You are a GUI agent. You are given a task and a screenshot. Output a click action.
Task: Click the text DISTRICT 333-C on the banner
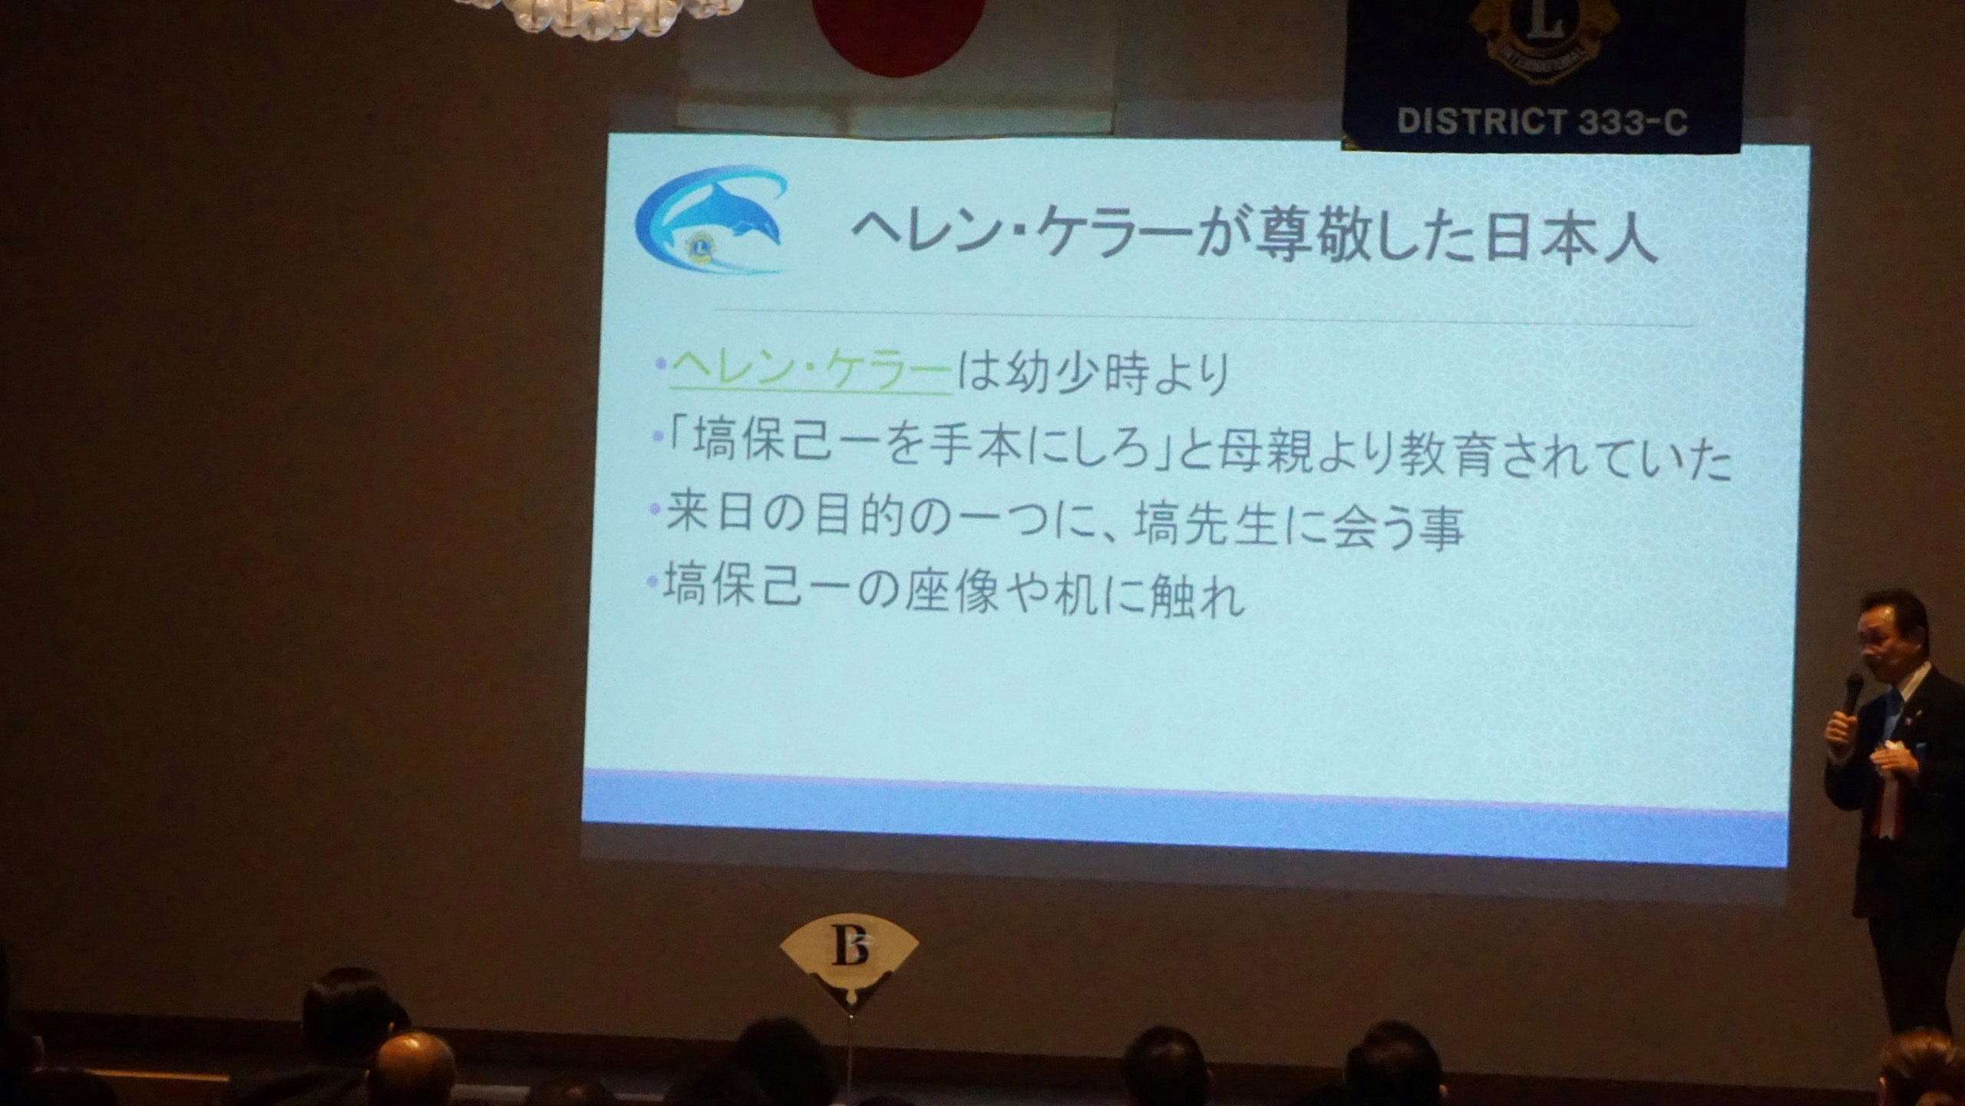point(1543,121)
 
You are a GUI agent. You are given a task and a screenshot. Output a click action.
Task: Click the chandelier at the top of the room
point(599,14)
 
